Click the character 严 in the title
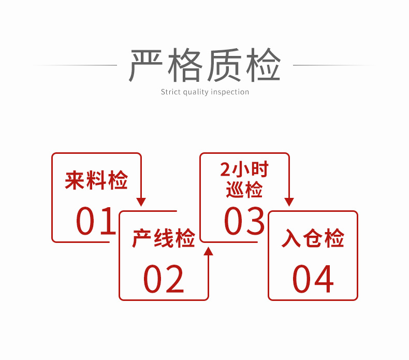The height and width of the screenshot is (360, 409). click(147, 65)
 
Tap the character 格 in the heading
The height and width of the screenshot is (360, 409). click(186, 65)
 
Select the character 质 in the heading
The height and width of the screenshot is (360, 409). click(225, 65)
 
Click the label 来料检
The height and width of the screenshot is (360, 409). click(96, 181)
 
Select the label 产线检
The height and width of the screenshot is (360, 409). click(164, 239)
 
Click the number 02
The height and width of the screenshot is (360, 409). click(164, 279)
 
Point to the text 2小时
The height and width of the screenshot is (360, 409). click(245, 170)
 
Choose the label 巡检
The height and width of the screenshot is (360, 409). click(245, 190)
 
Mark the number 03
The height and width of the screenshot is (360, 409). click(244, 221)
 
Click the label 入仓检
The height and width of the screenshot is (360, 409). click(313, 239)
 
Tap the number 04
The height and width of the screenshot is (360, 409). click(313, 279)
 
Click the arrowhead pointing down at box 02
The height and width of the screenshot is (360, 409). click(141, 202)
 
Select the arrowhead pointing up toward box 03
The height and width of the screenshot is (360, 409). click(208, 251)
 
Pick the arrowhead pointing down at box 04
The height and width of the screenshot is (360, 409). click(289, 202)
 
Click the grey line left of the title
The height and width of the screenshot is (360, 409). click(78, 65)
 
